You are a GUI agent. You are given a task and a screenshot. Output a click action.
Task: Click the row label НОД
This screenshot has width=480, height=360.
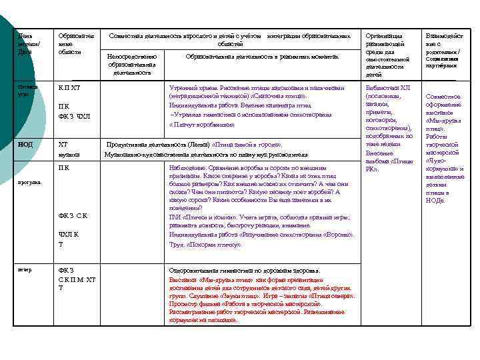click(26, 144)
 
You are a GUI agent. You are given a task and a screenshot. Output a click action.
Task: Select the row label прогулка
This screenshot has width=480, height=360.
click(29, 182)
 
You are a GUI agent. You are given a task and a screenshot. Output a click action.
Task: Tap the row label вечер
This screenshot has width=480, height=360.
click(25, 270)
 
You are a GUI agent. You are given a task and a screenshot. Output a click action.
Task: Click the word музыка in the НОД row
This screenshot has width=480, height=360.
click(69, 155)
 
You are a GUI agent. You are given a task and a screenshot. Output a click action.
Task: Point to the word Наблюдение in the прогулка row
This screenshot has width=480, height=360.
click(189, 169)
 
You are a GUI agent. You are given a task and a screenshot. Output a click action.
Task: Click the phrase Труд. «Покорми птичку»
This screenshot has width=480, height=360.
click(205, 245)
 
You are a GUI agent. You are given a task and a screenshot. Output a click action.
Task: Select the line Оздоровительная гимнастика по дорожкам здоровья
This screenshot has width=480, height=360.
click(245, 271)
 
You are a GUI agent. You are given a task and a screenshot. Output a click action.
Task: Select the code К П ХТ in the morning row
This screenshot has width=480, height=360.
click(69, 88)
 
